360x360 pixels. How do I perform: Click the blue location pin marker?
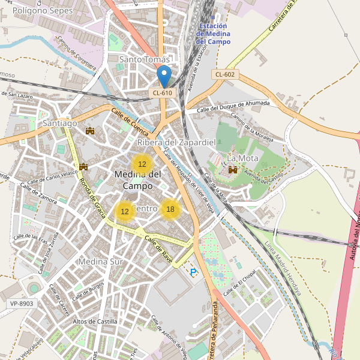[163, 76]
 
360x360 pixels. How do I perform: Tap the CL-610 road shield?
[162, 92]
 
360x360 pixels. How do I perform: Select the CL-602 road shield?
[225, 74]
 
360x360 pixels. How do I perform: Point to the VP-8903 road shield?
[22, 304]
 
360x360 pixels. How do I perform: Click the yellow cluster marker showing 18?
[170, 209]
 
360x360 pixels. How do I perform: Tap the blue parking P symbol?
[193, 272]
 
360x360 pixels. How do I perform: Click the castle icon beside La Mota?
[232, 170]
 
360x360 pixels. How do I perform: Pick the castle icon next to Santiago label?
[91, 130]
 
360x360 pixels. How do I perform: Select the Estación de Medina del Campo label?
[213, 34]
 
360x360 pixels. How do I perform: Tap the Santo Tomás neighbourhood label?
[145, 59]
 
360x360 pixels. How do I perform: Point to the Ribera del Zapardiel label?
[176, 142]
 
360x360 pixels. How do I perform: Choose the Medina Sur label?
[100, 262]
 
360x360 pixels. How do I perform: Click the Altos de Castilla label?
[95, 322]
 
